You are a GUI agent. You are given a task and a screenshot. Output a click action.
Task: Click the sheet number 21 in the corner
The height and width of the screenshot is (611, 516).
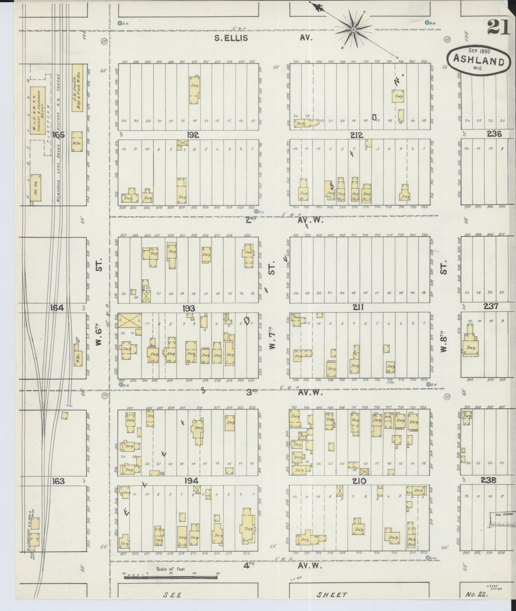click(x=497, y=27)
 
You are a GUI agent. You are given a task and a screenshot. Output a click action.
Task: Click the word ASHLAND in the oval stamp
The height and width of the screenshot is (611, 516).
click(x=477, y=61)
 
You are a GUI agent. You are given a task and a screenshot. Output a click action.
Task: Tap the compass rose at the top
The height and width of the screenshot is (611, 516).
click(x=353, y=29)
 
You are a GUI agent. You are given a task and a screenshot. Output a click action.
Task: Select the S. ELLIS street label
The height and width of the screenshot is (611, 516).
click(x=231, y=38)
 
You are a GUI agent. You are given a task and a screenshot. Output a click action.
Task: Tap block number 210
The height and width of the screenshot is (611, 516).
click(x=359, y=481)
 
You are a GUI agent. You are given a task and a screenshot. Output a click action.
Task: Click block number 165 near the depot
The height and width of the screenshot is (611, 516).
click(x=58, y=135)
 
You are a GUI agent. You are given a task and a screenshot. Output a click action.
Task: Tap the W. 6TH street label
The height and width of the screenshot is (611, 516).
click(x=99, y=337)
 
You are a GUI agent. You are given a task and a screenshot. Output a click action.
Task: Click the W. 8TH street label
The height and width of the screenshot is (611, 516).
click(x=444, y=343)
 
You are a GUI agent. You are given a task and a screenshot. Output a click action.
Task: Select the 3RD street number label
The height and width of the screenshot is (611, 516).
click(x=252, y=392)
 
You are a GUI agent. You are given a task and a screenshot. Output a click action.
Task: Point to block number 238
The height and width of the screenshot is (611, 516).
click(x=488, y=480)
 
